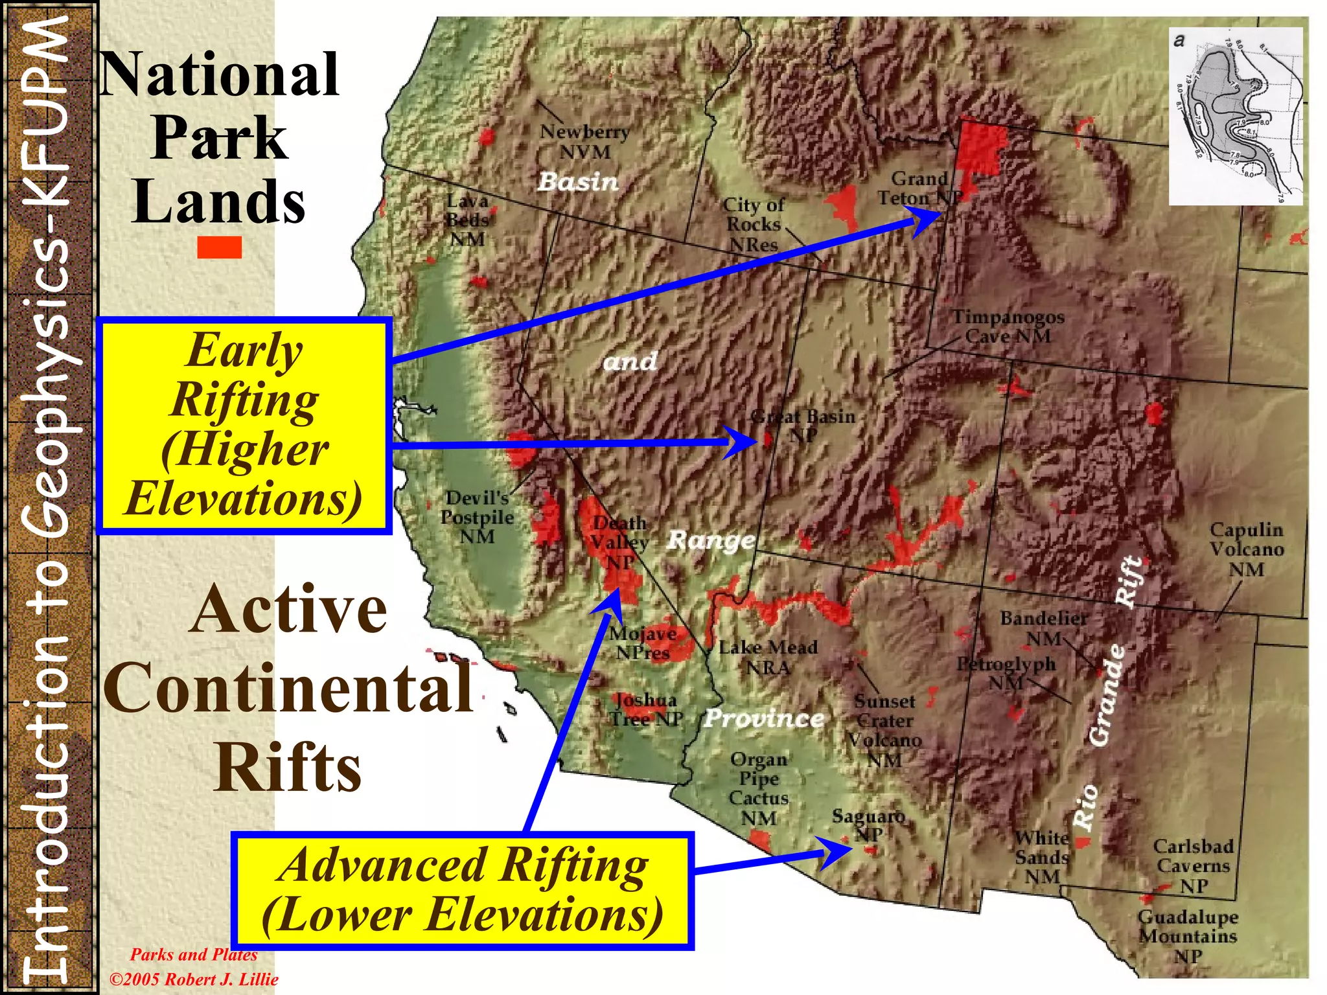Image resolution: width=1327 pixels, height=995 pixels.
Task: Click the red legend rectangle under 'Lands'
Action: click(x=219, y=247)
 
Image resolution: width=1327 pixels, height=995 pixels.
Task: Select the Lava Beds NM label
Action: click(x=467, y=220)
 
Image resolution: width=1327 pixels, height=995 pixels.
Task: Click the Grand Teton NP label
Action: click(x=919, y=188)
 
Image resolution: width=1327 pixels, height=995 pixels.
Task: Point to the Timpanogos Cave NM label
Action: click(x=1008, y=326)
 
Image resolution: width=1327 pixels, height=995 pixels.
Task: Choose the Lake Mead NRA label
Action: click(x=768, y=657)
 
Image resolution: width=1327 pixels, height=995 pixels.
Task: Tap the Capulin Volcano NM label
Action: click(x=1246, y=549)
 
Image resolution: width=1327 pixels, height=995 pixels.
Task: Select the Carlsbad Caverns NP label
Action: click(x=1193, y=865)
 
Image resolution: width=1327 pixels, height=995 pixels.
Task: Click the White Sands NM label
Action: click(x=1042, y=857)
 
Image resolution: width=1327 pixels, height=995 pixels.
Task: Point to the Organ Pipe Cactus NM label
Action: click(x=759, y=788)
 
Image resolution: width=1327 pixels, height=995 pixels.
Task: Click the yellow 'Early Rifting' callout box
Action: click(x=244, y=426)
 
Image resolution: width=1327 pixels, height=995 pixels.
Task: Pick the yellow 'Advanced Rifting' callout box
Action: click(x=463, y=891)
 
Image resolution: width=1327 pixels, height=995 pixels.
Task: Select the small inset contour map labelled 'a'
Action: click(x=1236, y=117)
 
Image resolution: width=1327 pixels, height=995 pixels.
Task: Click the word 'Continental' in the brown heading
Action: click(x=288, y=688)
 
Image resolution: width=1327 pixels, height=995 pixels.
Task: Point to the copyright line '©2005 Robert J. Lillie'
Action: click(x=193, y=979)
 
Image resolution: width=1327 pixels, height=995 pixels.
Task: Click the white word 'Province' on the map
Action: click(x=764, y=718)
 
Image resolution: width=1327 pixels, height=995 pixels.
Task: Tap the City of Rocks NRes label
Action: click(x=753, y=224)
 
